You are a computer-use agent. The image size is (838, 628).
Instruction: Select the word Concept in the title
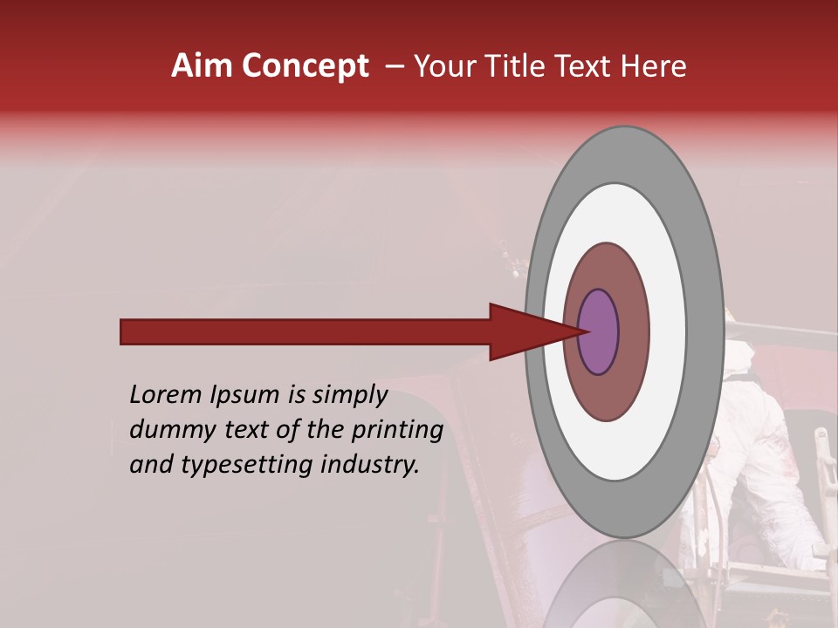click(x=304, y=66)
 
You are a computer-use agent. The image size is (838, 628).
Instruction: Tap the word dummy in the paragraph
click(x=168, y=430)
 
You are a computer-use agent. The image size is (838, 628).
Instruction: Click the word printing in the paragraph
click(x=397, y=431)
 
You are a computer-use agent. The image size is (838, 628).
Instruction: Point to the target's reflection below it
click(x=624, y=584)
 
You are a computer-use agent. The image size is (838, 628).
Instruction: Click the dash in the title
click(x=395, y=66)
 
